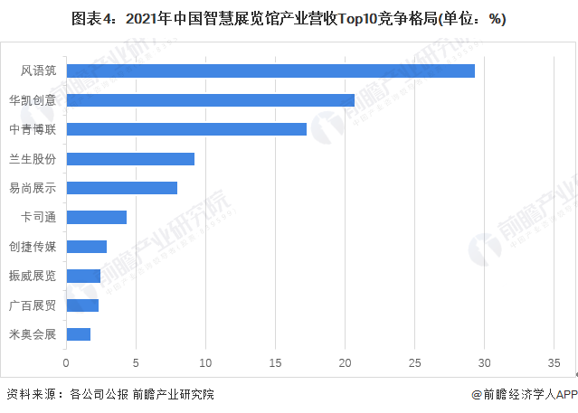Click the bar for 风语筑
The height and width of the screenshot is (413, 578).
[270, 71]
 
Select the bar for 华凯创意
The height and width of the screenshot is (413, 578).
[210, 100]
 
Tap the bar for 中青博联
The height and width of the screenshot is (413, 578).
[186, 129]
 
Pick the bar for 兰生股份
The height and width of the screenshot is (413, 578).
[130, 159]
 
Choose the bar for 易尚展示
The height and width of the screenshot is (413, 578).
[121, 188]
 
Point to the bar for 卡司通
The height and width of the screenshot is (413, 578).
[96, 217]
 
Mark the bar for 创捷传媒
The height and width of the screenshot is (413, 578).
[86, 247]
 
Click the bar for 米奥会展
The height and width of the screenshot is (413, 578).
[78, 334]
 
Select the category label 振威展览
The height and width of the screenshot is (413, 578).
[33, 276]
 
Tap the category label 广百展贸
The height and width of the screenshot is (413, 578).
[33, 305]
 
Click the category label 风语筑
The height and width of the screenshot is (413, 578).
[39, 71]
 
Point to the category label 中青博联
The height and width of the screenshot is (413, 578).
[33, 129]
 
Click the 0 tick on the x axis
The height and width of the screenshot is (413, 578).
[66, 363]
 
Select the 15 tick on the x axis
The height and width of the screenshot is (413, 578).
[275, 363]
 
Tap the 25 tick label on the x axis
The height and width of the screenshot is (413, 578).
[415, 363]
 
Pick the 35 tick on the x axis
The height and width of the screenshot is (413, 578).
[554, 363]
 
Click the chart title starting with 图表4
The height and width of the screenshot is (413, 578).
[289, 19]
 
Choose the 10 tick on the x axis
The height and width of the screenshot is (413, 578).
[205, 363]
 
